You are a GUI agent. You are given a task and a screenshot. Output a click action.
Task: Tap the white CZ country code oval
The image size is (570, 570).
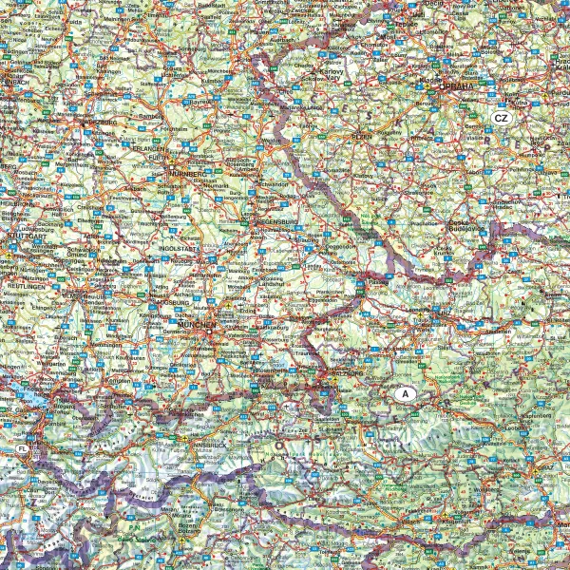502,118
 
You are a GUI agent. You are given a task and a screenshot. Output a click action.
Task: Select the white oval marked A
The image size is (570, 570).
406,392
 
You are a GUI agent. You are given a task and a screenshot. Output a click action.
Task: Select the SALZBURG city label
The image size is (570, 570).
350,372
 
